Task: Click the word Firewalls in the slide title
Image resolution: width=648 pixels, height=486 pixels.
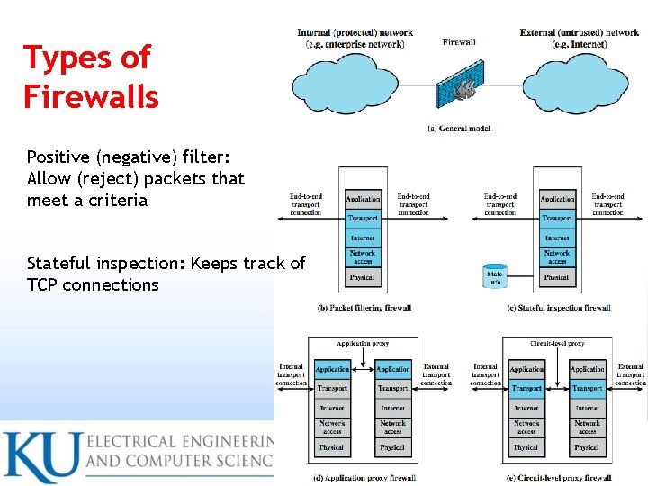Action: [91, 95]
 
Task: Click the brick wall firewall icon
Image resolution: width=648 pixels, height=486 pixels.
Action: [463, 87]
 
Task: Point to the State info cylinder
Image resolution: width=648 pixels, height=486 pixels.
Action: [495, 275]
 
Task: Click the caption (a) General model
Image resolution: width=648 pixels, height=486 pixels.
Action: [459, 129]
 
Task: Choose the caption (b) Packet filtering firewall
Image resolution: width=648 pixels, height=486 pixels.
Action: [364, 308]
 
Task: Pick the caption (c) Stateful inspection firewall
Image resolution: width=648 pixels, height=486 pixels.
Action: [558, 308]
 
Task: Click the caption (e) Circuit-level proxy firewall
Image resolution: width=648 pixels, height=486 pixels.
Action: [558, 477]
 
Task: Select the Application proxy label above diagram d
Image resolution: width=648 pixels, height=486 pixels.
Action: [362, 344]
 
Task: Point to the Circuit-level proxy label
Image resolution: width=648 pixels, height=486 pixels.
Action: [557, 344]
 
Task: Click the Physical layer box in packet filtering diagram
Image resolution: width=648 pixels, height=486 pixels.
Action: [363, 277]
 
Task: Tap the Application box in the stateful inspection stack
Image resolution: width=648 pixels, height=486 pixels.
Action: [557, 199]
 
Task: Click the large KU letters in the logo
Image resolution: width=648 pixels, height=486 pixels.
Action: [41, 457]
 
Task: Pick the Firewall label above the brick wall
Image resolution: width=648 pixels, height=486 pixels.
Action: [459, 42]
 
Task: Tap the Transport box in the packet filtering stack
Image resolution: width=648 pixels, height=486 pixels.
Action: [363, 218]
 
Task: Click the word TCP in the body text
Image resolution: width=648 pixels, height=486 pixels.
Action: [42, 285]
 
